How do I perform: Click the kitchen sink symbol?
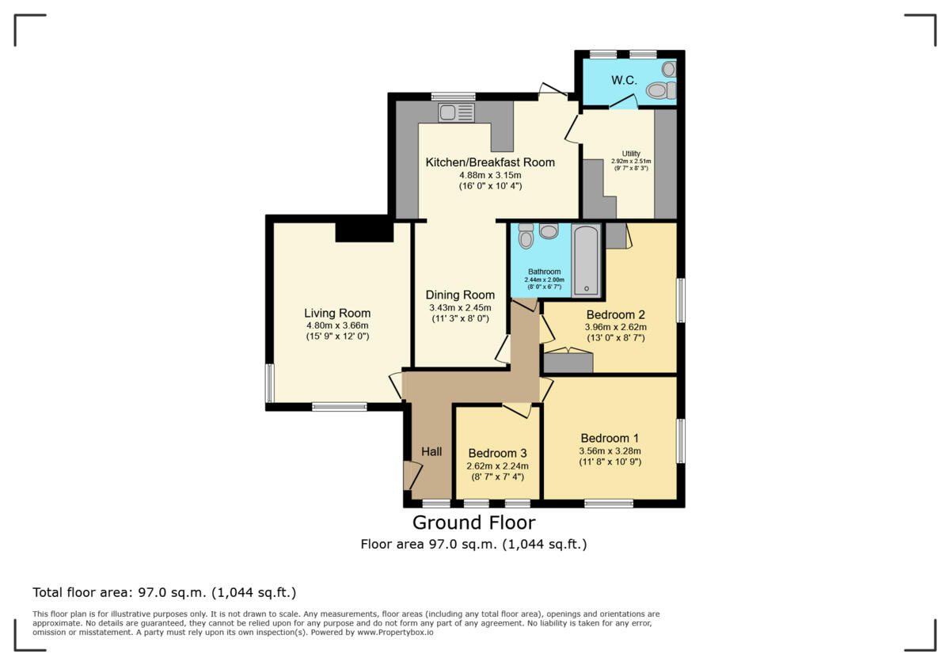[455, 112]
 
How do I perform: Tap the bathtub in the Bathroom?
[587, 260]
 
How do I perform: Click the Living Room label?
[337, 313]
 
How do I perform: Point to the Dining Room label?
[460, 295]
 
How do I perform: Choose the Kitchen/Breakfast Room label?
[490, 162]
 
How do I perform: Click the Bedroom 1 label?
[610, 438]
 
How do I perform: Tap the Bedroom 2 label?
[615, 314]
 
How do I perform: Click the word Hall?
[431, 451]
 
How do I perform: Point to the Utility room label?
[631, 154]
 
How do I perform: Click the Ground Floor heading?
[473, 522]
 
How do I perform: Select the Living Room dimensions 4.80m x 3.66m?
[337, 325]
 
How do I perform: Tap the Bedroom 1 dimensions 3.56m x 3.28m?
[610, 451]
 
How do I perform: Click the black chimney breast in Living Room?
[364, 231]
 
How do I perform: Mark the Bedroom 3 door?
[517, 409]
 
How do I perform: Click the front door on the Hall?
[411, 475]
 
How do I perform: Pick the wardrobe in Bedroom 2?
[568, 362]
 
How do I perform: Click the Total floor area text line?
[164, 592]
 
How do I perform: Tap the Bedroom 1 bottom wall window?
[609, 503]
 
